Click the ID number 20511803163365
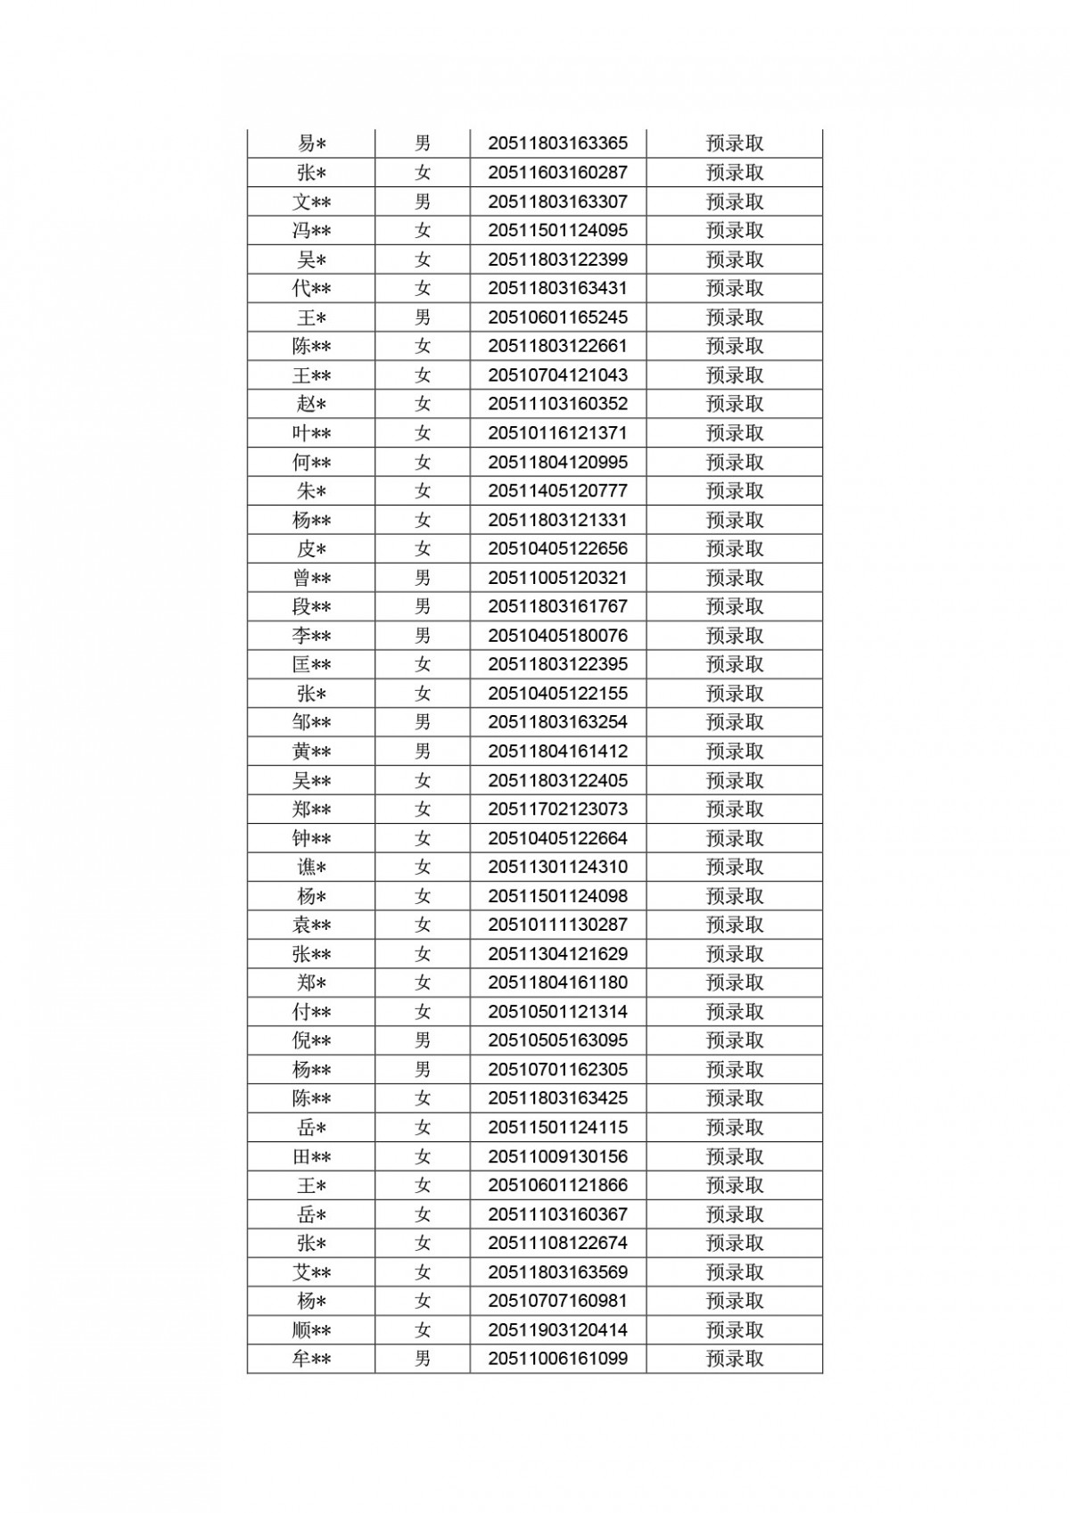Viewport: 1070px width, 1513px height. click(557, 144)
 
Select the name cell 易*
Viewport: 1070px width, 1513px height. click(311, 144)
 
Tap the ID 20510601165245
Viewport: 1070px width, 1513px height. click(557, 317)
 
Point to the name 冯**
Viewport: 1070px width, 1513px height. click(311, 231)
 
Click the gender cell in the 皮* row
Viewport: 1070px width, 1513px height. click(423, 549)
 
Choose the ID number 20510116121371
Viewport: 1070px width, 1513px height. click(557, 433)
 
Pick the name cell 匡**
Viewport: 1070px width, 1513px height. click(311, 665)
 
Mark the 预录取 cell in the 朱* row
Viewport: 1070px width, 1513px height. click(735, 491)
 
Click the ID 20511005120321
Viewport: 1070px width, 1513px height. click(557, 578)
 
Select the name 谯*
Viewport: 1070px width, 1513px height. click(311, 868)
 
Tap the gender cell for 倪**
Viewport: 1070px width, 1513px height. click(423, 1040)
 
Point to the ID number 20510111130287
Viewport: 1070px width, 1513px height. click(557, 925)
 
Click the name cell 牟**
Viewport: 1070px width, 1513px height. click(311, 1359)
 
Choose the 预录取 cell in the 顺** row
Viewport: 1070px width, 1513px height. click(735, 1330)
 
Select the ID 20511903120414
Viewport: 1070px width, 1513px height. click(557, 1330)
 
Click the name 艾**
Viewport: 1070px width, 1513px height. click(311, 1272)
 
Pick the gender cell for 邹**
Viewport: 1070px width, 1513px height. click(423, 722)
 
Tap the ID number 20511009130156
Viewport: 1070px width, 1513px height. click(557, 1156)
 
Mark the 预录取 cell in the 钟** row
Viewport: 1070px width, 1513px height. click(735, 838)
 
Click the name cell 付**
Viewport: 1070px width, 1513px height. click(311, 1012)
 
